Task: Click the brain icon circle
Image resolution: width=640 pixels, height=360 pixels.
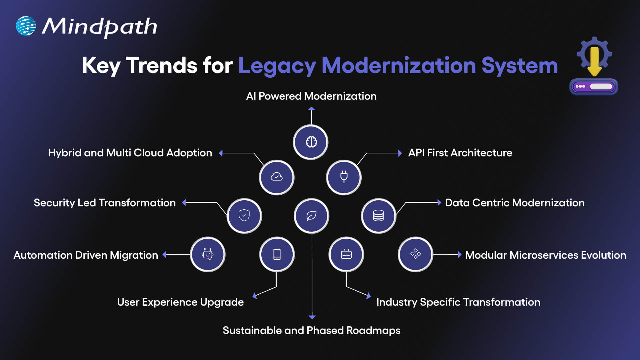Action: (311, 142)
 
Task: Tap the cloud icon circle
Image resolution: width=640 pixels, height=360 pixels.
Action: (277, 177)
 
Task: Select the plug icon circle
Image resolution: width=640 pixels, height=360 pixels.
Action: (344, 177)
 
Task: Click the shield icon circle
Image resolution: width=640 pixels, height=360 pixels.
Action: (244, 216)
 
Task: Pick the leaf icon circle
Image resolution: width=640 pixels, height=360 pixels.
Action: (311, 216)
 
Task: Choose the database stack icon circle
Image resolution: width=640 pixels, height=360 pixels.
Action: (378, 216)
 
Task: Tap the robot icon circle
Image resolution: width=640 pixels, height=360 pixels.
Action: (208, 254)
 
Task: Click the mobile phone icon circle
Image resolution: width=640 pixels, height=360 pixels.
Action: (277, 254)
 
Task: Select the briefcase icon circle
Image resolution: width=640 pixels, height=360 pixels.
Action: (346, 254)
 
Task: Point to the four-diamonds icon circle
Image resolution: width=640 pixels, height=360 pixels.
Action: (415, 254)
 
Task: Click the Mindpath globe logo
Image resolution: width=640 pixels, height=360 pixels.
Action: (26, 26)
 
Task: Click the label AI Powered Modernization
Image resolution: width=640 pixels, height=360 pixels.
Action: (311, 96)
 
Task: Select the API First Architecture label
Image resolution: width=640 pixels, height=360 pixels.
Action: (460, 153)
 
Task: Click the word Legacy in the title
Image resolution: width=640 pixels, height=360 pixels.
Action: (277, 66)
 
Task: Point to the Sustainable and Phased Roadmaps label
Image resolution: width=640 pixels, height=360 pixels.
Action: (311, 331)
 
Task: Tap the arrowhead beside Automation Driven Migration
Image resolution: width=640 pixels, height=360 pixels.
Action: (164, 255)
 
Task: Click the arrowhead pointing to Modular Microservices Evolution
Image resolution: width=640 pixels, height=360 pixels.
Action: (459, 255)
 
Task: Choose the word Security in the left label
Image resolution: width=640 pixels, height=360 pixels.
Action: (54, 203)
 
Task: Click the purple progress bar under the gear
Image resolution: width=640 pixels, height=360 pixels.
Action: (594, 87)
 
